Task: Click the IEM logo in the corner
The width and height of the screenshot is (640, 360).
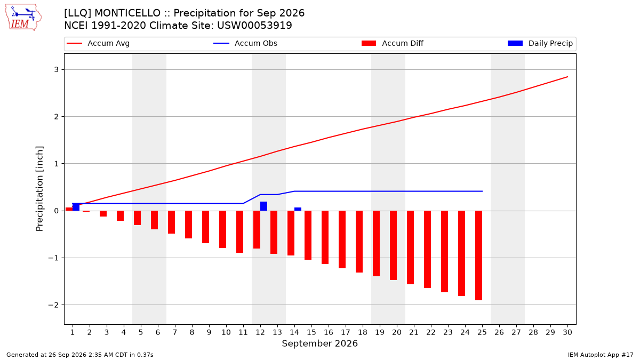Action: click(23, 18)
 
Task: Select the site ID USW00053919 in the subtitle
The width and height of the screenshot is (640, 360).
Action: click(254, 26)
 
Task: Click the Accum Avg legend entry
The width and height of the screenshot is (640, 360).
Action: click(98, 43)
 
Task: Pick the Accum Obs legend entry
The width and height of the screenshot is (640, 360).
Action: click(245, 43)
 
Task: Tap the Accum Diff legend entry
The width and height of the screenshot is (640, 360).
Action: click(393, 43)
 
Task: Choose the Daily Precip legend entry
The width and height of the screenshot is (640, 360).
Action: click(540, 43)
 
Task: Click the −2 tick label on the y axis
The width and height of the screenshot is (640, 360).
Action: click(53, 305)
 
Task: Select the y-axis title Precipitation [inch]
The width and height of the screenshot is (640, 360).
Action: click(39, 189)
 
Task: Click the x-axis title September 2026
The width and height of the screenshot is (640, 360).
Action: click(319, 343)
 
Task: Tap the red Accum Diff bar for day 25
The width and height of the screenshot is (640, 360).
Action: click(478, 255)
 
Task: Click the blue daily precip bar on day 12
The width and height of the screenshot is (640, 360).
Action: click(263, 206)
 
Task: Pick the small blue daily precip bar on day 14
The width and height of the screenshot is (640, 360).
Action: click(298, 209)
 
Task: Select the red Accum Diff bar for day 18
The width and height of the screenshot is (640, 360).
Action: click(359, 242)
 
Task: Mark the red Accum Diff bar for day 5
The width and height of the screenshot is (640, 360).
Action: click(137, 218)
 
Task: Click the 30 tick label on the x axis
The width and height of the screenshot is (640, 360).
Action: click(567, 332)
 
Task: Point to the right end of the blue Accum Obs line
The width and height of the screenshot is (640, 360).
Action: click(482, 191)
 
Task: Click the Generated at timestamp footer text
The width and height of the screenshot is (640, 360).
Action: click(79, 355)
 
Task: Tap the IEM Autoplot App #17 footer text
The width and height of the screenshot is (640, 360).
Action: click(601, 355)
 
